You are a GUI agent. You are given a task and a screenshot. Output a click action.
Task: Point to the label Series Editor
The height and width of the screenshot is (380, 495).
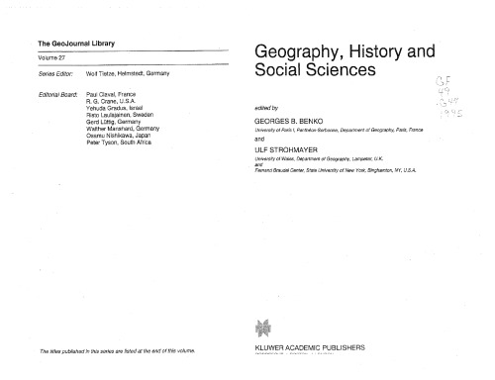tap(50, 72)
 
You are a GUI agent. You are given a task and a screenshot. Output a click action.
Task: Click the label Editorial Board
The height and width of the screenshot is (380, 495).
tap(52, 93)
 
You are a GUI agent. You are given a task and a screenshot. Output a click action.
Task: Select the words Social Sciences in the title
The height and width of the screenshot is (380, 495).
tap(316, 72)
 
